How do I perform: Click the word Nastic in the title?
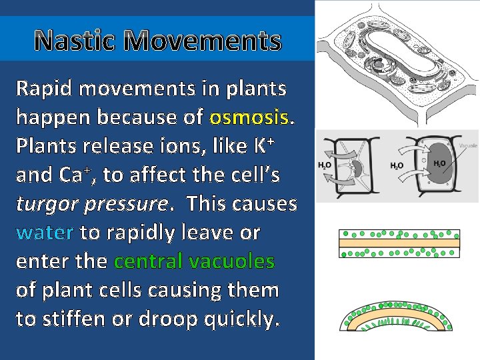(76, 41)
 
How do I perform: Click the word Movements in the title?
(203, 41)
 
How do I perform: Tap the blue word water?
(44, 233)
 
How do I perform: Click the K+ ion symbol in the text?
(266, 145)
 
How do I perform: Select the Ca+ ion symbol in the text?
(78, 175)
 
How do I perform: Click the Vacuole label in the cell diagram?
(468, 145)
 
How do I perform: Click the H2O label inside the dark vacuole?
(439, 163)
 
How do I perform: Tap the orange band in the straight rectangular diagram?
(399, 243)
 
